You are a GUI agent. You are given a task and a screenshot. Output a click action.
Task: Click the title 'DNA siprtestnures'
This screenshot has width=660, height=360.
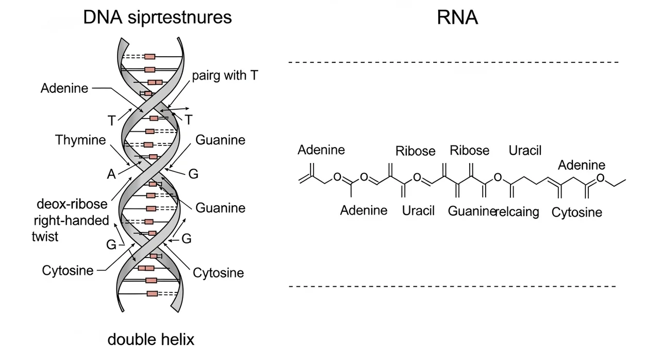[157, 17]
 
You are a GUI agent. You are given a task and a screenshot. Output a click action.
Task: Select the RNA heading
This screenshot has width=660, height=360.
[457, 18]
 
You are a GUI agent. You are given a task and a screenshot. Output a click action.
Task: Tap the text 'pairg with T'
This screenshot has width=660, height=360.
[225, 76]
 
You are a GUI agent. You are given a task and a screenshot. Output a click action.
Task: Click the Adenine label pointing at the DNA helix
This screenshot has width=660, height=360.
[64, 88]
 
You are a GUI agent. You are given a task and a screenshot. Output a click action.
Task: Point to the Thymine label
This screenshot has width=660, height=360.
[80, 140]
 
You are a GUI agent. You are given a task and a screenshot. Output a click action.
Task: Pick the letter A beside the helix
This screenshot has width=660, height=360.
[111, 174]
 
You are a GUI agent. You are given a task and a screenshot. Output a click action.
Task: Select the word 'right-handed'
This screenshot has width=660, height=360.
[71, 221]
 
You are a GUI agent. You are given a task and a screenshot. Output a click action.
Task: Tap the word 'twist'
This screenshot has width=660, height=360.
[45, 236]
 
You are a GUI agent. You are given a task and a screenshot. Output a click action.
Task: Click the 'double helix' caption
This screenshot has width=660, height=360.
[151, 339]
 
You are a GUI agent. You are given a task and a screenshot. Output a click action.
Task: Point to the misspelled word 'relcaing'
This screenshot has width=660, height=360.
[517, 211]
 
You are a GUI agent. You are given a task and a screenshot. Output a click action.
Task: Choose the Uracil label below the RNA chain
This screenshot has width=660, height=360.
[418, 210]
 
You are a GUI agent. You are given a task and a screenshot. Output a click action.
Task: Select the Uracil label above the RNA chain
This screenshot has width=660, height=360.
[525, 151]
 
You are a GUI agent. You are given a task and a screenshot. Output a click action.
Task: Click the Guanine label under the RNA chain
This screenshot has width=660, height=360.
[471, 210]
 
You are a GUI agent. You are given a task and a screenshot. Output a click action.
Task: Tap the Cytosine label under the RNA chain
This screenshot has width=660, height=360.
[576, 212]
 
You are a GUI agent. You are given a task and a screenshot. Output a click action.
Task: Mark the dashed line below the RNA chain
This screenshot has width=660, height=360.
[453, 286]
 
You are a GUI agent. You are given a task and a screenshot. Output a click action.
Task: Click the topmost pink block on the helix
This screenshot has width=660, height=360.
[150, 56]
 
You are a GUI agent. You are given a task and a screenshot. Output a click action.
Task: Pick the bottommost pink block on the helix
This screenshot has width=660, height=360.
[152, 293]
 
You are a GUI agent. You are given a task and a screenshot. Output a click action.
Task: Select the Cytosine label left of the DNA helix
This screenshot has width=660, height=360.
[68, 270]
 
